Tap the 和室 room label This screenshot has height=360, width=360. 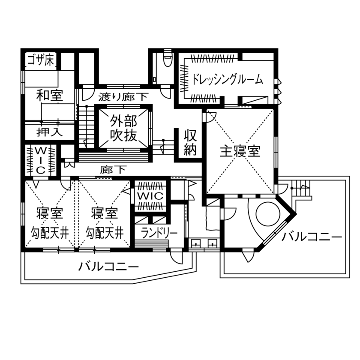49,95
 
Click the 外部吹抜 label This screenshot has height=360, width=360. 123,128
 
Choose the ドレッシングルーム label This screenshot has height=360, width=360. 227,80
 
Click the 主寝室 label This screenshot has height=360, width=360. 240,151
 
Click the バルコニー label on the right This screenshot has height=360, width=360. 312,237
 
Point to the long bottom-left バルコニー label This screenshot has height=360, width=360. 108,267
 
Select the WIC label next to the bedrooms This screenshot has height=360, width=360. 150,195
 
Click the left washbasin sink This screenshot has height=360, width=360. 197,244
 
